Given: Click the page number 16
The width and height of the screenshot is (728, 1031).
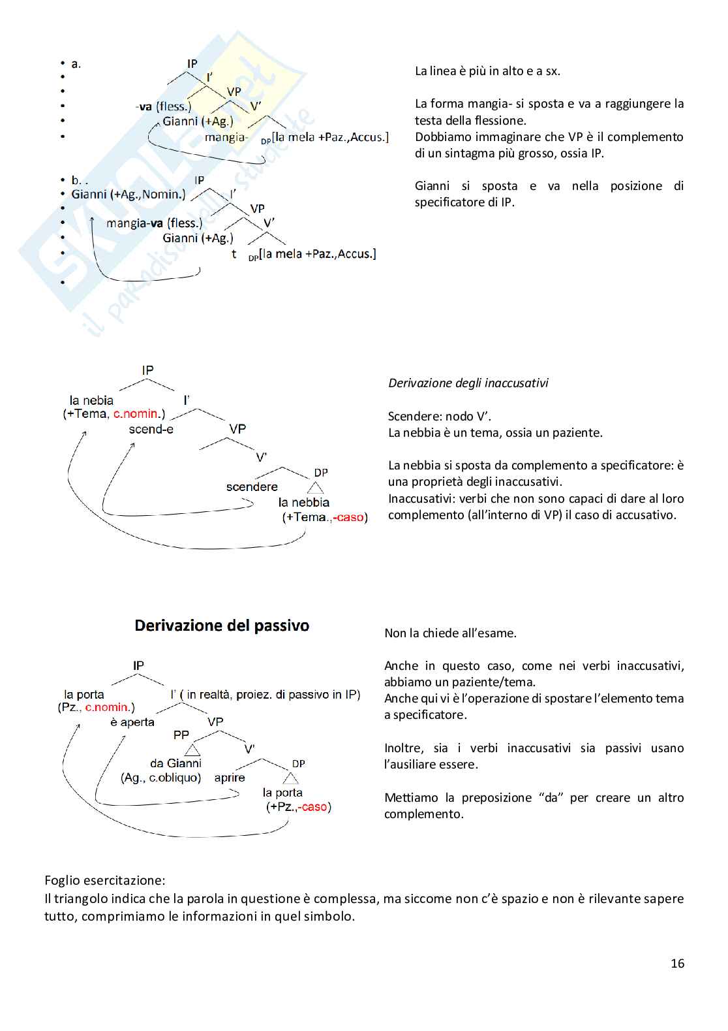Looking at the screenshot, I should click(x=677, y=963).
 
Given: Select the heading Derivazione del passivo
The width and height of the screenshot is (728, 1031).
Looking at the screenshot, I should click(x=222, y=626).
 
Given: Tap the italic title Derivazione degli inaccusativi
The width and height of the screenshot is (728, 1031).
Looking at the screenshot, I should click(x=468, y=383).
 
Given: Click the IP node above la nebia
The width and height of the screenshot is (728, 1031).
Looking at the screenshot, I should click(x=148, y=370).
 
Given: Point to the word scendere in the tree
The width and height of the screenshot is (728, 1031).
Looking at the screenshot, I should click(x=252, y=487).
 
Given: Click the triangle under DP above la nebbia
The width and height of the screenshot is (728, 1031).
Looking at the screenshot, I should click(x=316, y=488).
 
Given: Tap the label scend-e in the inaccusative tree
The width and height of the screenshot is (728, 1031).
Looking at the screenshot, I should click(x=151, y=429).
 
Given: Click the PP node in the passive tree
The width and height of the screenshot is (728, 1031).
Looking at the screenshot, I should click(x=181, y=735).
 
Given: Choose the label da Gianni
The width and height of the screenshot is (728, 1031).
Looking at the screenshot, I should click(x=175, y=763).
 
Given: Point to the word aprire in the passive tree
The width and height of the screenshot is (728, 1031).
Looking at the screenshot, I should click(x=230, y=778).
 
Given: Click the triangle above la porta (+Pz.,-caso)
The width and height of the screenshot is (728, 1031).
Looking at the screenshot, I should click(x=291, y=778).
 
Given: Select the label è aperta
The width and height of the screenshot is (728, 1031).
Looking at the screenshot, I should click(x=132, y=722).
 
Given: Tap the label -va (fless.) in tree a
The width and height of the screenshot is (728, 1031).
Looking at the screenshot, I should click(x=164, y=106).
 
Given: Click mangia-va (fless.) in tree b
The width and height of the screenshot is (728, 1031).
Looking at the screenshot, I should click(x=154, y=223).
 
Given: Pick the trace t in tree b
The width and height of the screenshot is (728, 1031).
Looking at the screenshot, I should click(x=234, y=254).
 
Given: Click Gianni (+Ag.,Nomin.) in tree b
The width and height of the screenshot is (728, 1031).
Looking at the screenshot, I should click(x=129, y=194).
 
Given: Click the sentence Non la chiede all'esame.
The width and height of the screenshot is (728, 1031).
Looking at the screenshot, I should click(x=450, y=633).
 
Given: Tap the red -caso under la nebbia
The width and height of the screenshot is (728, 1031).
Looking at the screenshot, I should click(x=350, y=517).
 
